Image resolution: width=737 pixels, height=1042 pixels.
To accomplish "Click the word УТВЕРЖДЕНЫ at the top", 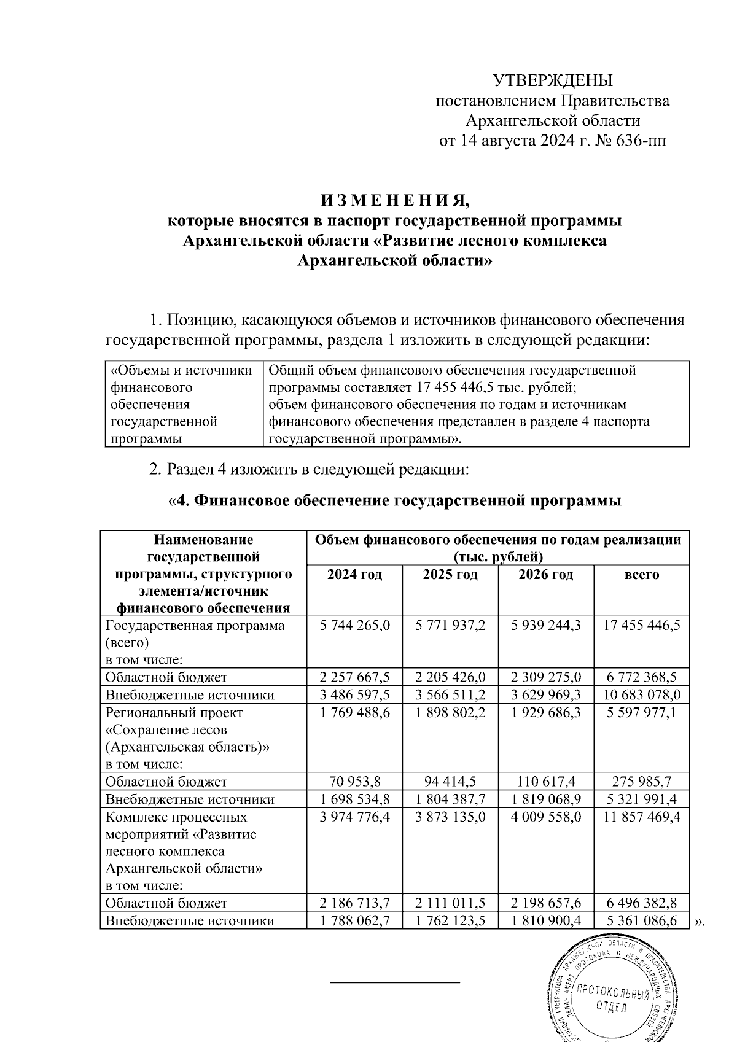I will [553, 80].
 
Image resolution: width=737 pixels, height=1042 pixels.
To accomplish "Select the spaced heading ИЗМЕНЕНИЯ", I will [394, 201].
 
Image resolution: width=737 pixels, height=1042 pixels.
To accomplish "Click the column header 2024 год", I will [354, 575].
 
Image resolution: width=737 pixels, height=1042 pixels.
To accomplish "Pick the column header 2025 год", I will [450, 575].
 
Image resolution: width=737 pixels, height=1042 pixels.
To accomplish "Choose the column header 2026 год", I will [546, 575].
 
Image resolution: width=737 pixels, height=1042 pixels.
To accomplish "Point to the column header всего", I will [641, 575].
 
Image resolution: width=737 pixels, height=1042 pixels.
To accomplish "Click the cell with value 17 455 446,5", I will [642, 626].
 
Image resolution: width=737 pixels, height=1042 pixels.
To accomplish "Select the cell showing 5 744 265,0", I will [354, 626].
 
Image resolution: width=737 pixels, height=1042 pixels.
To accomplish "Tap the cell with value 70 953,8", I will [354, 782].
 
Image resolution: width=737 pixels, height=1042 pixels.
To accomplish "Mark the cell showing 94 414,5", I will [450, 782].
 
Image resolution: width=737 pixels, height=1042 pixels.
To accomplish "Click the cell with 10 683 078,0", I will [642, 695].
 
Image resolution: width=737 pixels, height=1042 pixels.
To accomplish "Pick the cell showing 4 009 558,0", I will [546, 817].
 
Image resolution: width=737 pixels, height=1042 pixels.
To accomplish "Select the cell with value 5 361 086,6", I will [642, 921].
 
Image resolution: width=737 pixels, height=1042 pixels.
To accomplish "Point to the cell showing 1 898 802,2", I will [450, 713].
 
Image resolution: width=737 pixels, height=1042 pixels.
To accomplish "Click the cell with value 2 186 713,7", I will [354, 903].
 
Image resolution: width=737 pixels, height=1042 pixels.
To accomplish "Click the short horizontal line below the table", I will [395, 982].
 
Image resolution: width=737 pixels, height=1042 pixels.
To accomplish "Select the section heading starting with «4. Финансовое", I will [394, 501].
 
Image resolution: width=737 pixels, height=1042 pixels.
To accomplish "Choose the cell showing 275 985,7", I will [642, 782].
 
